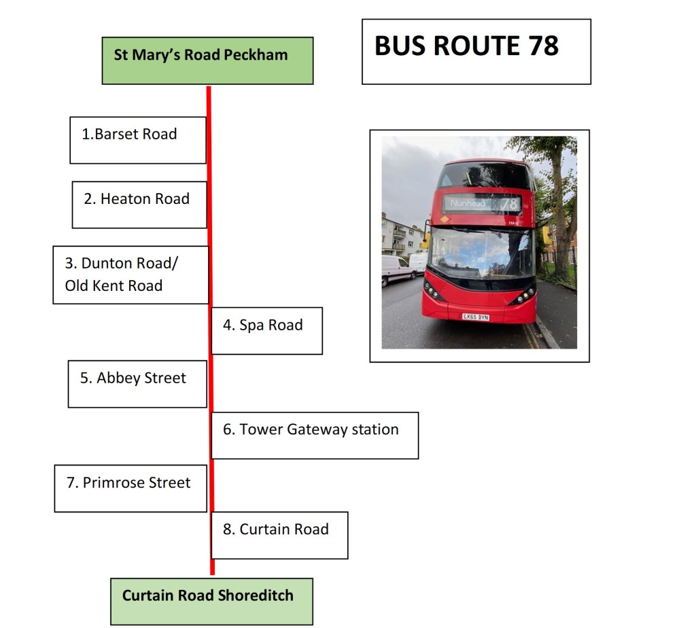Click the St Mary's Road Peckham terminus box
point(207,60)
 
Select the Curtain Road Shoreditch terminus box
point(212,601)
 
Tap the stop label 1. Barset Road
point(138,140)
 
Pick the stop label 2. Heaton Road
point(139,205)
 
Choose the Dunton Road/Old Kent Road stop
point(130,275)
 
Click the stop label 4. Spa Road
point(266,330)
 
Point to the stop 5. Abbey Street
point(137,384)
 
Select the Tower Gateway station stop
point(315,436)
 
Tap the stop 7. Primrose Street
point(131,489)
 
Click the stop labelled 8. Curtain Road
point(279,536)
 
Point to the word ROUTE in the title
point(476,46)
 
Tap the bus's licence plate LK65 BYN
point(476,317)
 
